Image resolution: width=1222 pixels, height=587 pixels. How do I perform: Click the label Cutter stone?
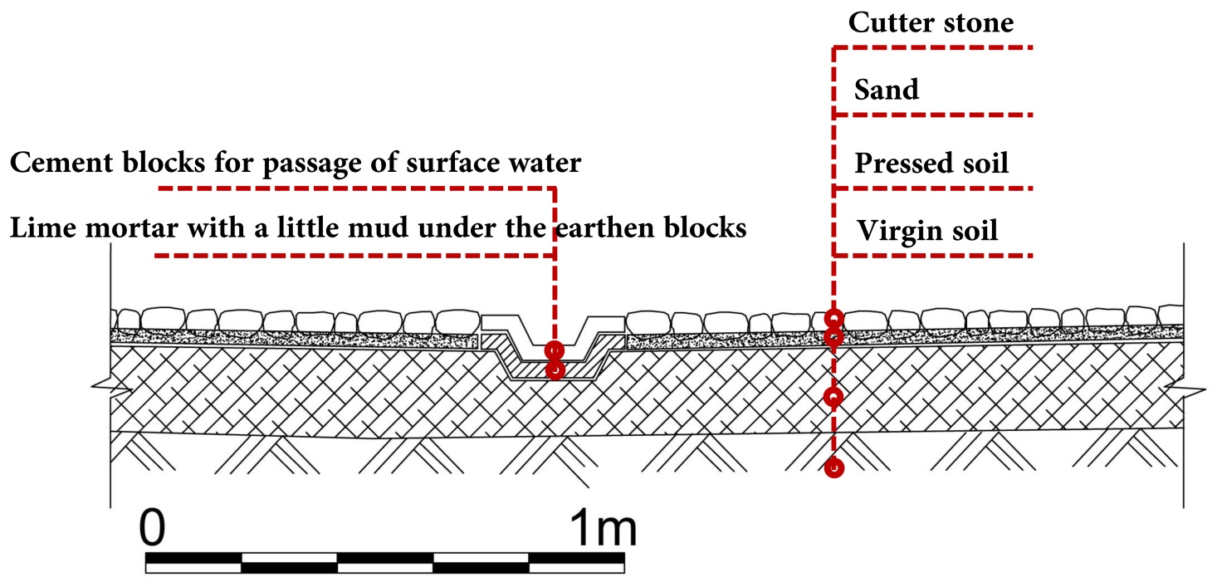pos(931,22)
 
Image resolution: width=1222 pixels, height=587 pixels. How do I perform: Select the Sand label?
pos(887,89)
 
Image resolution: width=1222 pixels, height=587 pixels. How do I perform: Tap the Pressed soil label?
pos(931,163)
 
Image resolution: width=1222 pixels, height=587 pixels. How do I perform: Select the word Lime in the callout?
pos(37,228)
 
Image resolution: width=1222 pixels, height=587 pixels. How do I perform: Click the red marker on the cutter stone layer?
pos(834,318)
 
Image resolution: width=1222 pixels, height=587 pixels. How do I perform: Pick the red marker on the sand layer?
pos(834,336)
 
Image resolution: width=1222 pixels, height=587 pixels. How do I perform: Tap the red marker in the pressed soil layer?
pos(834,396)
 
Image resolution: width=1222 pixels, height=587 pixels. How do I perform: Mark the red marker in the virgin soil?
pos(834,468)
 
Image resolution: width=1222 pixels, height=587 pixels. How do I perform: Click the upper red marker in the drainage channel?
pos(555,351)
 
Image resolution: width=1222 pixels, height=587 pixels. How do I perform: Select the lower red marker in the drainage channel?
pos(555,369)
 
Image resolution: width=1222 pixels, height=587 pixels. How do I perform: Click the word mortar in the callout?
pos(122,228)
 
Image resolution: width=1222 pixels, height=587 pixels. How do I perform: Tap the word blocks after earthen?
pos(703,228)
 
